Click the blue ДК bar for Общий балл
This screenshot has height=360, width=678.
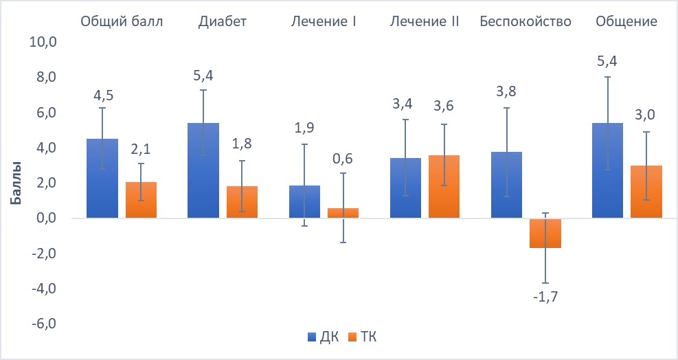pyautogui.click(x=102, y=179)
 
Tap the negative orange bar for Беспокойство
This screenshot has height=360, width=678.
pyautogui.click(x=545, y=233)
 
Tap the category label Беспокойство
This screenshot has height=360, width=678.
pyautogui.click(x=525, y=21)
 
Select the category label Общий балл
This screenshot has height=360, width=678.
pyautogui.click(x=122, y=21)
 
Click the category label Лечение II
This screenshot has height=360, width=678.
pyautogui.click(x=424, y=21)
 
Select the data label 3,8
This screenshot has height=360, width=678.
pyautogui.click(x=506, y=93)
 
